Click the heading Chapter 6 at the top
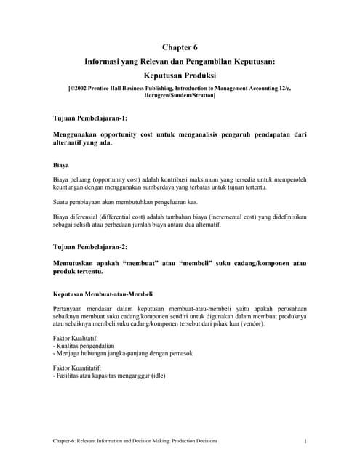(180, 48)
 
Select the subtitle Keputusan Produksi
(180, 76)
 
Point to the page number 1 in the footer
(305, 442)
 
